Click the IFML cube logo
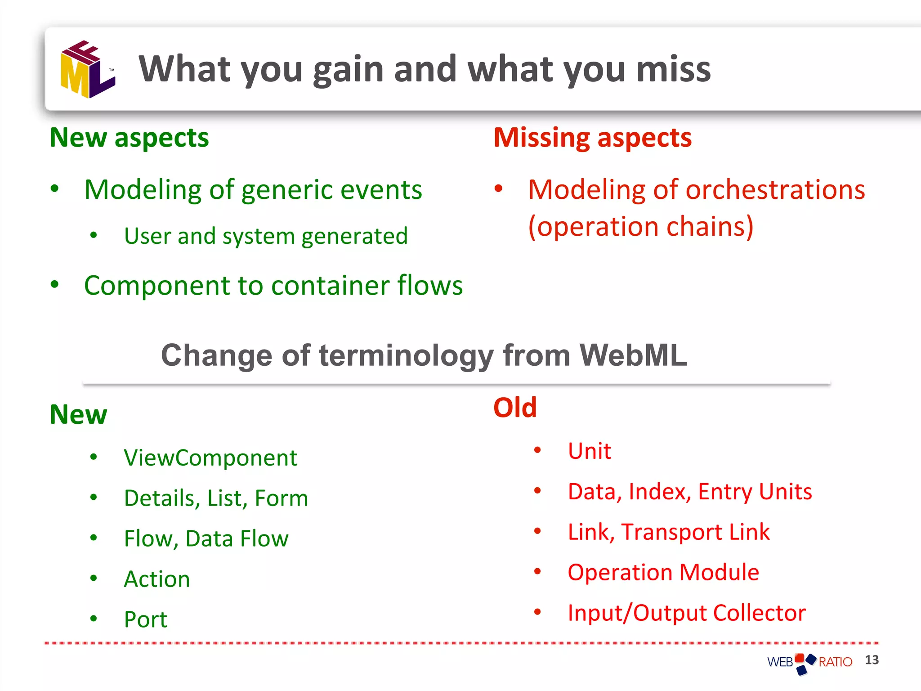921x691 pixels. pyautogui.click(x=88, y=70)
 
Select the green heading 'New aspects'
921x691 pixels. pyautogui.click(x=129, y=138)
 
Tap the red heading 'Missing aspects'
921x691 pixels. pyautogui.click(x=592, y=138)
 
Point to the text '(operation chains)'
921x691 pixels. pyautogui.click(x=640, y=226)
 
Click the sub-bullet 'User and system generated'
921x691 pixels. pyautogui.click(x=266, y=236)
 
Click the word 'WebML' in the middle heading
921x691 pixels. pyautogui.click(x=633, y=355)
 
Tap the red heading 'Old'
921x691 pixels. pyautogui.click(x=515, y=408)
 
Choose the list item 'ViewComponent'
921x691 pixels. pyautogui.click(x=210, y=458)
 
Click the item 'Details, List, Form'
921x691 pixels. pyautogui.click(x=216, y=498)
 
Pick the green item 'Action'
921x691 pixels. pyautogui.click(x=157, y=579)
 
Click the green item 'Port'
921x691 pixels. pyautogui.click(x=145, y=620)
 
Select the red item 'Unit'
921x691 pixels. pyautogui.click(x=589, y=451)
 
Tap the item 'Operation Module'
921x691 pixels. pyautogui.click(x=663, y=573)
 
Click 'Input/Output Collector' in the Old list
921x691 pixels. pyautogui.click(x=687, y=613)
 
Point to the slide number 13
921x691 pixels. pyautogui.click(x=872, y=660)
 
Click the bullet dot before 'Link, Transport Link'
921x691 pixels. pyautogui.click(x=537, y=531)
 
